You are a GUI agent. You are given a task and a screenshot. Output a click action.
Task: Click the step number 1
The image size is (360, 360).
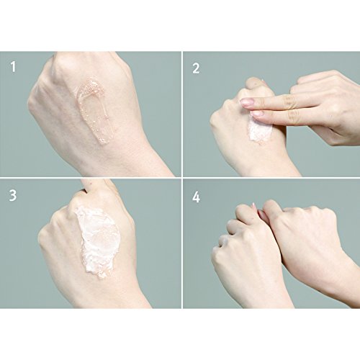tap(13, 67)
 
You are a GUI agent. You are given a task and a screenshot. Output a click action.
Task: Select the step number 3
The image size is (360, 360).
tap(13, 195)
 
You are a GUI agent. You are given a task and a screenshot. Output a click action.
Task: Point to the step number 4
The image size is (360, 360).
tap(197, 197)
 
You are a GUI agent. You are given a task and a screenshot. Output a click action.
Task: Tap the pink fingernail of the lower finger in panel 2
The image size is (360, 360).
tap(256, 114)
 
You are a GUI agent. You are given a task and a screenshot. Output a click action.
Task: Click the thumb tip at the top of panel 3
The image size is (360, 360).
tap(96, 184)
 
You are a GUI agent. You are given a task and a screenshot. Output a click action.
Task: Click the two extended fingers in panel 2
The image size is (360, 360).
tap(276, 108)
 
